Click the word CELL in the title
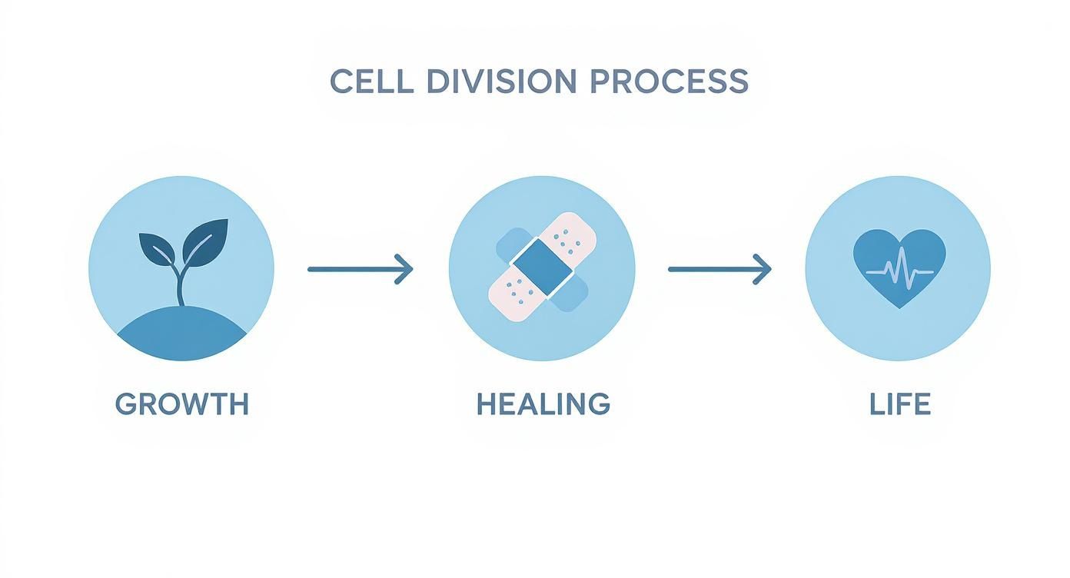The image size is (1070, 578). click(371, 81)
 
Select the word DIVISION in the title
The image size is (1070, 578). click(501, 81)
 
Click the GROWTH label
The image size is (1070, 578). click(182, 404)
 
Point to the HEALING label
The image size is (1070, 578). click(543, 404)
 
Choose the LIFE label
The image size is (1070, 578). click(900, 404)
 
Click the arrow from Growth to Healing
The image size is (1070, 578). click(361, 270)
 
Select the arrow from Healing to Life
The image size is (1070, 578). click(719, 270)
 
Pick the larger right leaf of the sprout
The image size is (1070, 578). click(205, 242)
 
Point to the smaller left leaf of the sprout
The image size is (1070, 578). click(157, 248)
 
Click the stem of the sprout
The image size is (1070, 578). click(180, 284)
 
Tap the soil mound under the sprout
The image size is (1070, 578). click(182, 334)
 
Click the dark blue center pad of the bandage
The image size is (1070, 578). click(542, 267)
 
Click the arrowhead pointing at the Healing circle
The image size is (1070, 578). click(404, 270)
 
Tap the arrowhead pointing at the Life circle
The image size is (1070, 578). click(763, 270)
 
